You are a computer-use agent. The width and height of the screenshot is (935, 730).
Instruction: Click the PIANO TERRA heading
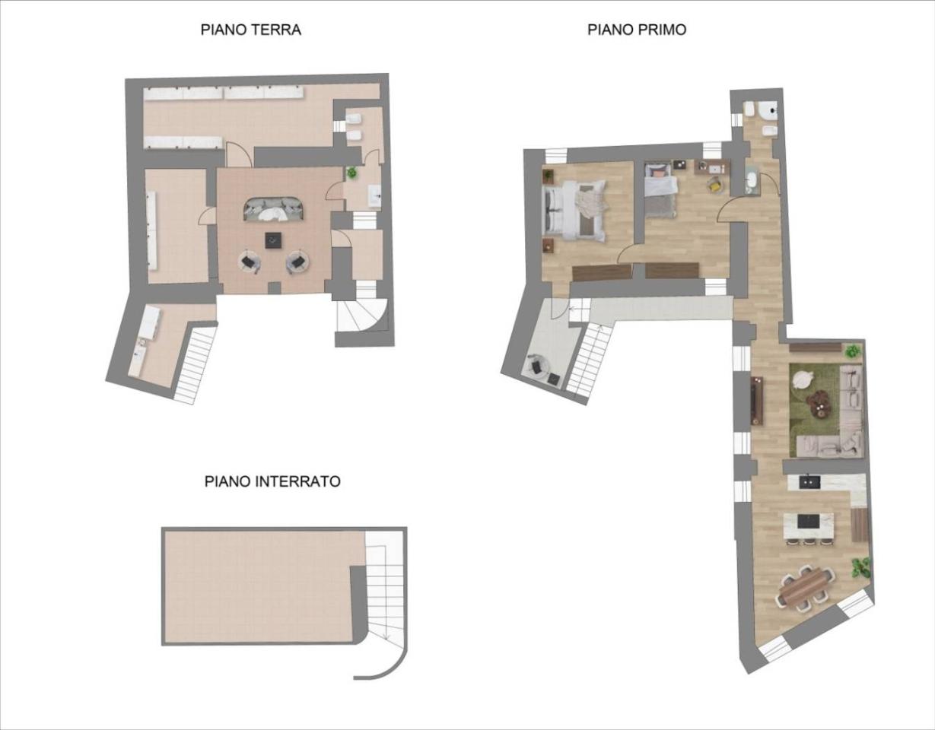(250, 30)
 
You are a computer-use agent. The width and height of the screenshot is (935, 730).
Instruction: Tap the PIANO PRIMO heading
(637, 30)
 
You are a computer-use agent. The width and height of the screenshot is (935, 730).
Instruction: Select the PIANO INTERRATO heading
(272, 481)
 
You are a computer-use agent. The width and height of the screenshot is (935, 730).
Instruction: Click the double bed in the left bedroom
(574, 209)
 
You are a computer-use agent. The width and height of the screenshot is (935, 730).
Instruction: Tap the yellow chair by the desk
(715, 184)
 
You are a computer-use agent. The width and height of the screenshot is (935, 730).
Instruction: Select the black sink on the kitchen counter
(808, 481)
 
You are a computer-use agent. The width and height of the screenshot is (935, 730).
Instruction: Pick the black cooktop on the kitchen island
(808, 522)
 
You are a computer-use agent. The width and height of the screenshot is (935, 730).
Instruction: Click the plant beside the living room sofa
(853, 351)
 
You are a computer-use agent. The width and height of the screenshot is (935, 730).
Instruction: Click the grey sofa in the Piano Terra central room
(273, 208)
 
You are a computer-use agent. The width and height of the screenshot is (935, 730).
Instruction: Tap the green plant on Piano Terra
(351, 173)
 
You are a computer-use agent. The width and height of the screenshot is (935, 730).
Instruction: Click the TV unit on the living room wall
(756, 400)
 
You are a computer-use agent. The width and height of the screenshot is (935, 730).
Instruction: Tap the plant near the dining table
(861, 566)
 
